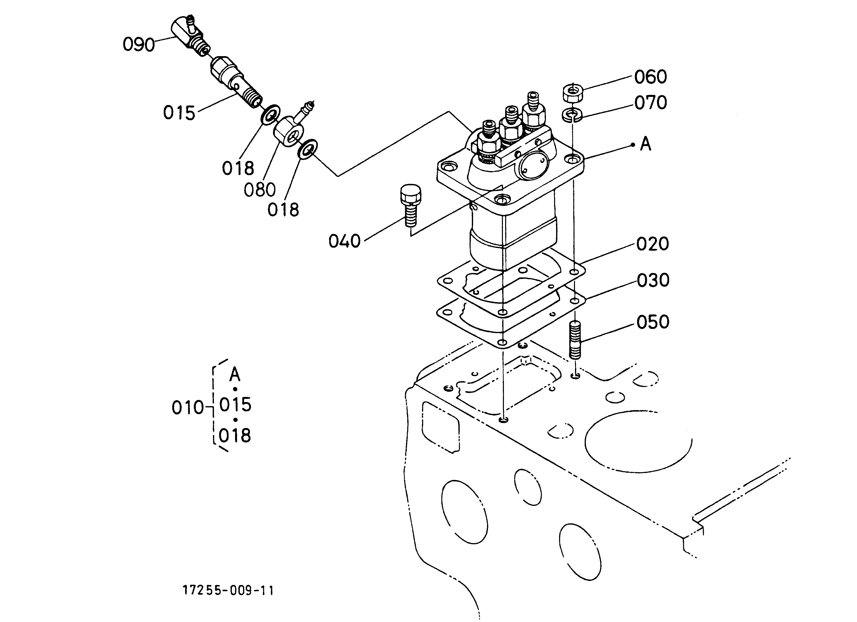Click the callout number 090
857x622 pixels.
coord(139,45)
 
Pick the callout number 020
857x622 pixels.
coord(653,244)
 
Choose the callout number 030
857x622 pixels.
coord(653,280)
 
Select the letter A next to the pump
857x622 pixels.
coord(646,144)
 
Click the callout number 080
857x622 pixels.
coord(260,190)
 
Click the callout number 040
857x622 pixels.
coord(344,241)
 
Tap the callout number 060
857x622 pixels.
coord(650,77)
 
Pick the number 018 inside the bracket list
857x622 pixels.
coord(235,436)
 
